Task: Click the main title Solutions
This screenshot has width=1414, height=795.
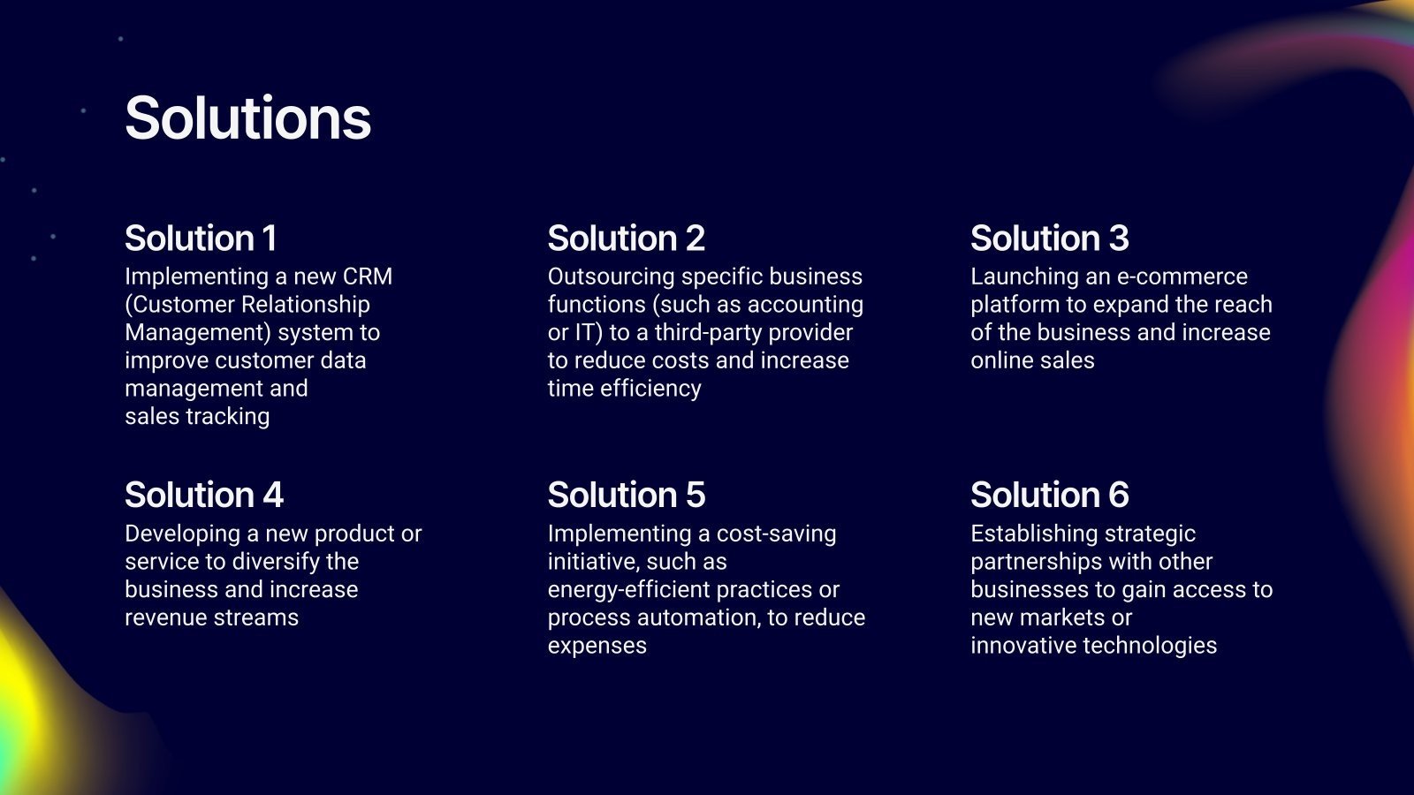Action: [248, 118]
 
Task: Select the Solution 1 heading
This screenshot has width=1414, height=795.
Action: [201, 238]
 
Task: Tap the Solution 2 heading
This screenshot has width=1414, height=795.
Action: [627, 238]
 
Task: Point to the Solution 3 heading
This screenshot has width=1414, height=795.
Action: [1050, 238]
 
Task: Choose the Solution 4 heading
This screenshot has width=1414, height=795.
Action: [204, 495]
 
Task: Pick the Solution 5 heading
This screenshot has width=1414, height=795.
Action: [627, 495]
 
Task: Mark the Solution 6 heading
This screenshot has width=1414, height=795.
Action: [1050, 495]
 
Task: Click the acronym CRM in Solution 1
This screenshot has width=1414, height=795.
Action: [368, 276]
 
